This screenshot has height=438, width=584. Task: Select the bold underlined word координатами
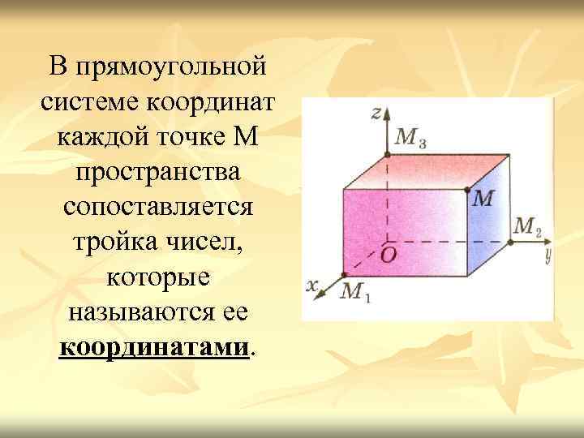click(x=154, y=348)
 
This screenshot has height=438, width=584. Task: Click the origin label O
click(x=389, y=255)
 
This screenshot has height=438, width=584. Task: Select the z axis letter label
click(x=376, y=113)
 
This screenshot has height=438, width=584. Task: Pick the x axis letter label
click(x=311, y=285)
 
